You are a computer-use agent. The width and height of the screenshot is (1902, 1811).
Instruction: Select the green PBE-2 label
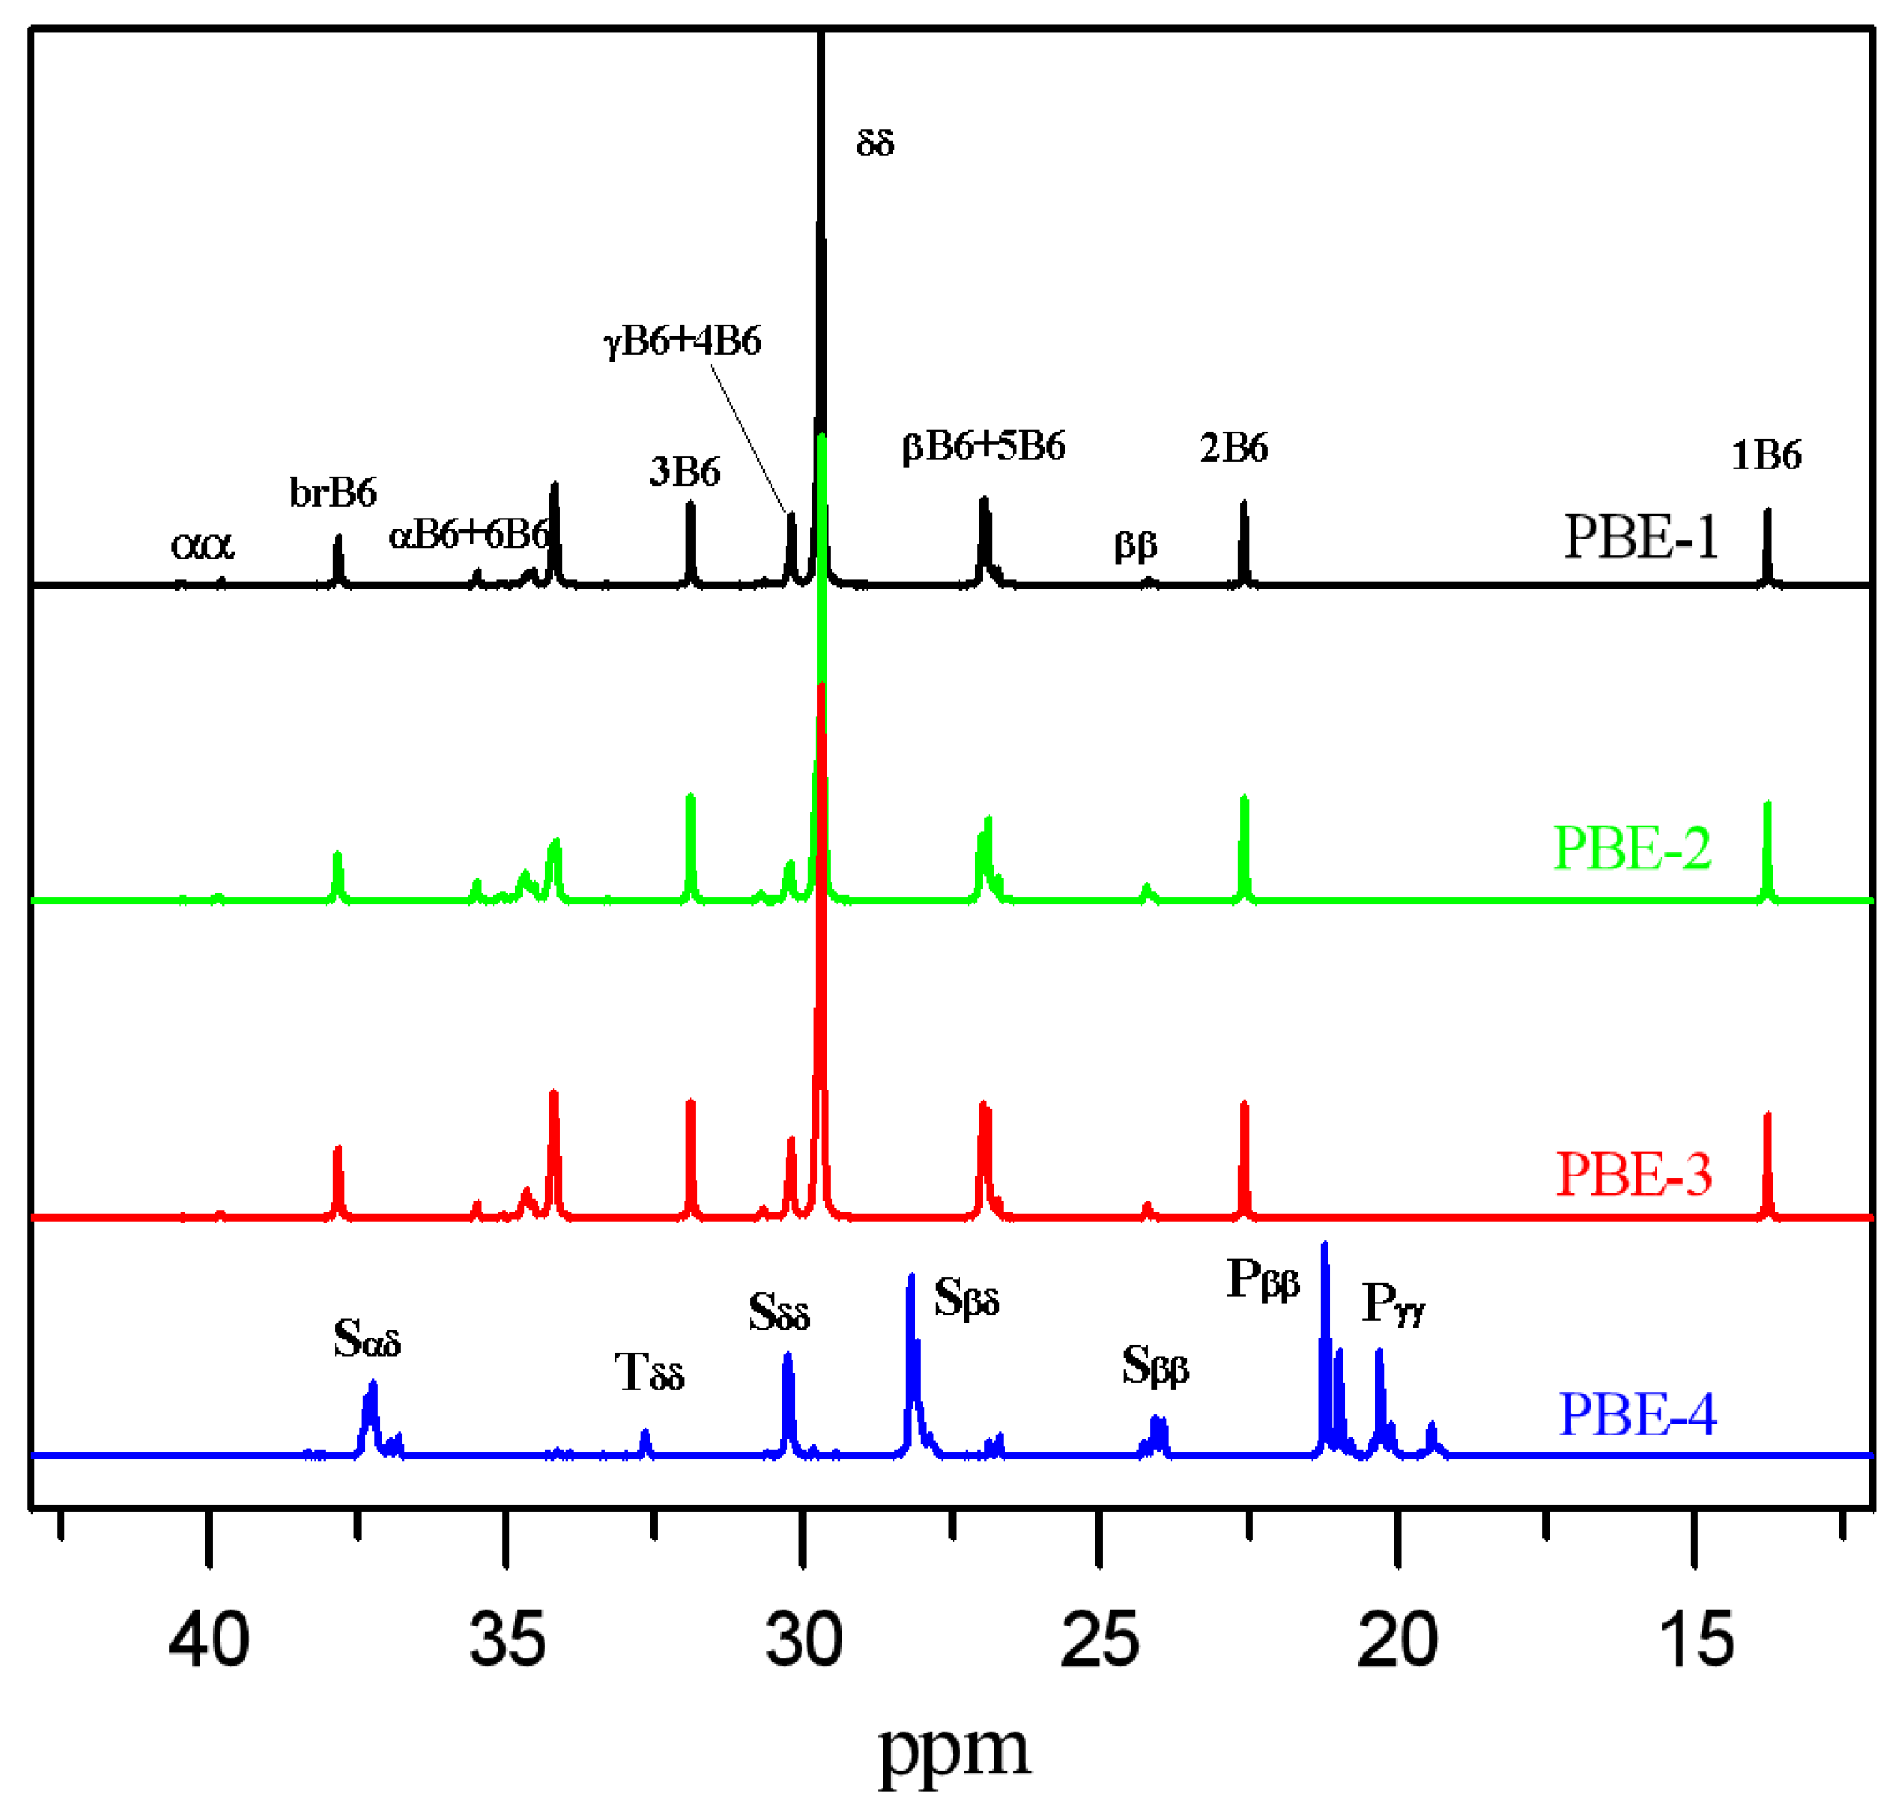[1631, 848]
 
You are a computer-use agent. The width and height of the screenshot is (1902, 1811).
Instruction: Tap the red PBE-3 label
[1634, 1175]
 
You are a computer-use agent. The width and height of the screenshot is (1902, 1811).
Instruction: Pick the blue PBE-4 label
[1637, 1415]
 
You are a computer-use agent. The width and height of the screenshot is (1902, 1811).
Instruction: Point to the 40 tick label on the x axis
[209, 1640]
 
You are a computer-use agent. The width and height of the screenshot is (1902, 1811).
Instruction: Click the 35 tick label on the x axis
[507, 1640]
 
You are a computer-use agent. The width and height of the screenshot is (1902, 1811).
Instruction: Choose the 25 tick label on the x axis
[1100, 1640]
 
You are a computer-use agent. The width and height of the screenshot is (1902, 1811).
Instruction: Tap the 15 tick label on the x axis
[1697, 1640]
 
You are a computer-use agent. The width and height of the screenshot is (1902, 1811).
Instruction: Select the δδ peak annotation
[875, 144]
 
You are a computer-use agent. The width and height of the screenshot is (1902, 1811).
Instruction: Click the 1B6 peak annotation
[1766, 455]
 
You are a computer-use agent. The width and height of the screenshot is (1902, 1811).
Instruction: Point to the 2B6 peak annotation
[1234, 448]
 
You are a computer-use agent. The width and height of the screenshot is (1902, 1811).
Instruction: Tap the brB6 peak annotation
[333, 493]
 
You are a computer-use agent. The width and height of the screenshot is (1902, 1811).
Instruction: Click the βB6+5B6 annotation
[984, 447]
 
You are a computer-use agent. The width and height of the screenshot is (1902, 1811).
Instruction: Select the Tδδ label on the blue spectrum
[649, 1373]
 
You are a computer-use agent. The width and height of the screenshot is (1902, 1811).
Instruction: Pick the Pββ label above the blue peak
[1262, 1281]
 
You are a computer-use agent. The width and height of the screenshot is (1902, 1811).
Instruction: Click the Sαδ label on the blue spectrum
[366, 1340]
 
